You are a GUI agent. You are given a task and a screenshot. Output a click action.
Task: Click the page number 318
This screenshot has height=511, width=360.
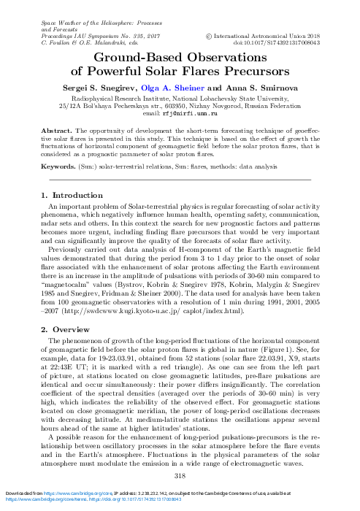tap(180, 476)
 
